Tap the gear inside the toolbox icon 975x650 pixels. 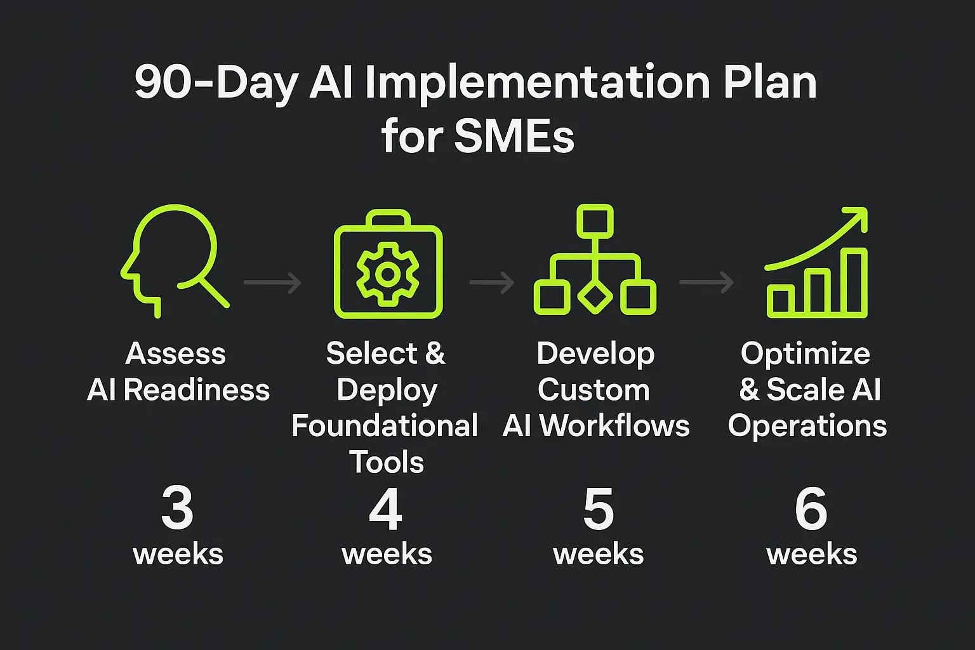(x=388, y=274)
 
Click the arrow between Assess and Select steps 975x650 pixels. (x=272, y=282)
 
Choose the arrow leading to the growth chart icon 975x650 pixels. (x=706, y=282)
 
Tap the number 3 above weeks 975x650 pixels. (x=177, y=508)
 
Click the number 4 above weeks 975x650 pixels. (x=386, y=508)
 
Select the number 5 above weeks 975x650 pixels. (x=599, y=508)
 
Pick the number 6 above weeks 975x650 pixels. (x=811, y=508)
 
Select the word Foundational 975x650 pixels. (x=385, y=426)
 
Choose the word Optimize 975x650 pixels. (x=806, y=354)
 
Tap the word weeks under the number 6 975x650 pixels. (x=812, y=554)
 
